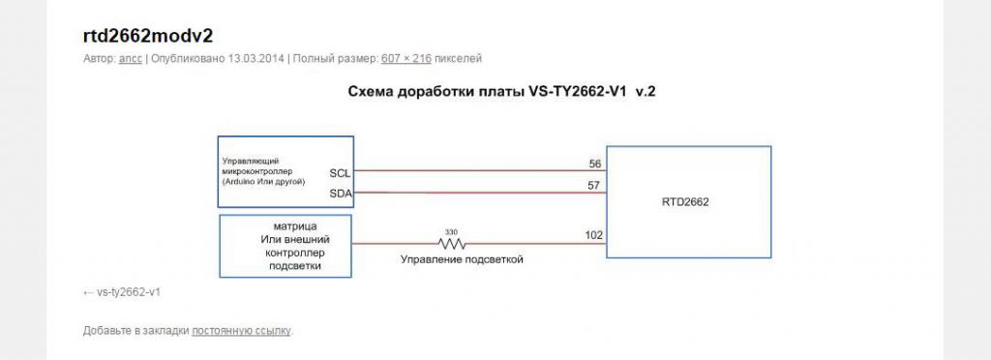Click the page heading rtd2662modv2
pos(148,36)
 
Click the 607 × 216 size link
pos(406,59)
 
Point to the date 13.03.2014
pos(256,59)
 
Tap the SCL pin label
pos(340,173)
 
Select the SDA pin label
pos(341,194)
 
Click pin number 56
pos(595,165)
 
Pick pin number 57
pos(595,186)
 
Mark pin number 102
pos(593,235)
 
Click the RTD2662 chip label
pos(686,202)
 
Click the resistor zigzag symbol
pos(452,243)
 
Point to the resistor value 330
pos(451,232)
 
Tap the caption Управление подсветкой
pos(462,259)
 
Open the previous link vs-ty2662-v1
pos(129,293)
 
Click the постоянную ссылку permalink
pos(241,330)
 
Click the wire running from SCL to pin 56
pos(480,170)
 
